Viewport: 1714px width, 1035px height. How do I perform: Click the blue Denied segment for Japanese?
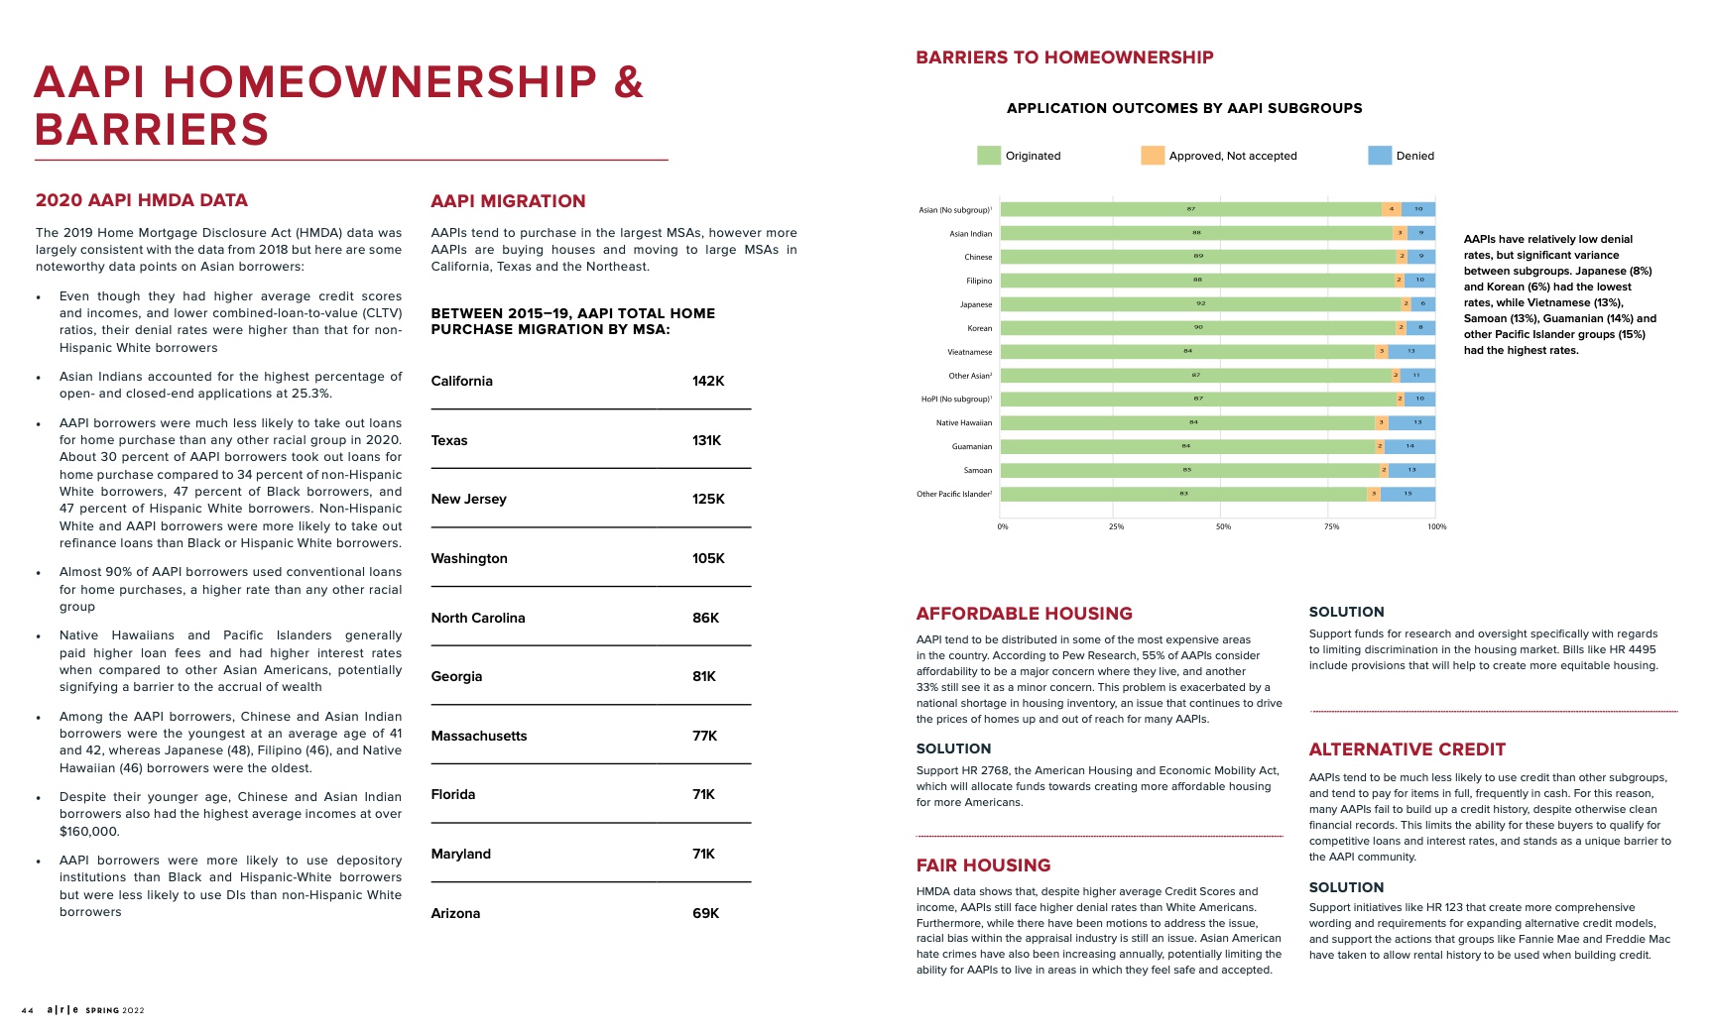1423,304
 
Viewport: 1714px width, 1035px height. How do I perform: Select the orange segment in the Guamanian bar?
1380,447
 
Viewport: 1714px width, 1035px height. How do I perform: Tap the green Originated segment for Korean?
1198,328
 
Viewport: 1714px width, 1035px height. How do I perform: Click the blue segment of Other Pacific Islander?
1408,494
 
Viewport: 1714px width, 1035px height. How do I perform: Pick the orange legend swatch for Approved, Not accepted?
1152,156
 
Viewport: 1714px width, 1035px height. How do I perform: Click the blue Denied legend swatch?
1379,156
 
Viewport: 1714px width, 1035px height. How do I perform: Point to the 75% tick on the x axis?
1331,526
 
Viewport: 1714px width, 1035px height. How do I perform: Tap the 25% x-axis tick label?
1116,526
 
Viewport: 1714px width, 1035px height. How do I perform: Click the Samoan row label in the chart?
977,471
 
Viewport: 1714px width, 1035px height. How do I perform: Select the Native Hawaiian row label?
963,423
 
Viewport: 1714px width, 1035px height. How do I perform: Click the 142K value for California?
708,382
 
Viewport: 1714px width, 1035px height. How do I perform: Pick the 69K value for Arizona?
705,914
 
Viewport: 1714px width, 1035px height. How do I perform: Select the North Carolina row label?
478,619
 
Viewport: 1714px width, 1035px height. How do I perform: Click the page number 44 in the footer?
28,1011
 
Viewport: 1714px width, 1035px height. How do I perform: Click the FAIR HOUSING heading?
983,865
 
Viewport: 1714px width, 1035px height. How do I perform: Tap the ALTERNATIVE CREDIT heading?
1407,750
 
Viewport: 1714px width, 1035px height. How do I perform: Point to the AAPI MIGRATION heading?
508,201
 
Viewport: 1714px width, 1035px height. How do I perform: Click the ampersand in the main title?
629,82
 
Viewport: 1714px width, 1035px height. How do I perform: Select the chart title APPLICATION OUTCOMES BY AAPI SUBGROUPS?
1184,108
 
